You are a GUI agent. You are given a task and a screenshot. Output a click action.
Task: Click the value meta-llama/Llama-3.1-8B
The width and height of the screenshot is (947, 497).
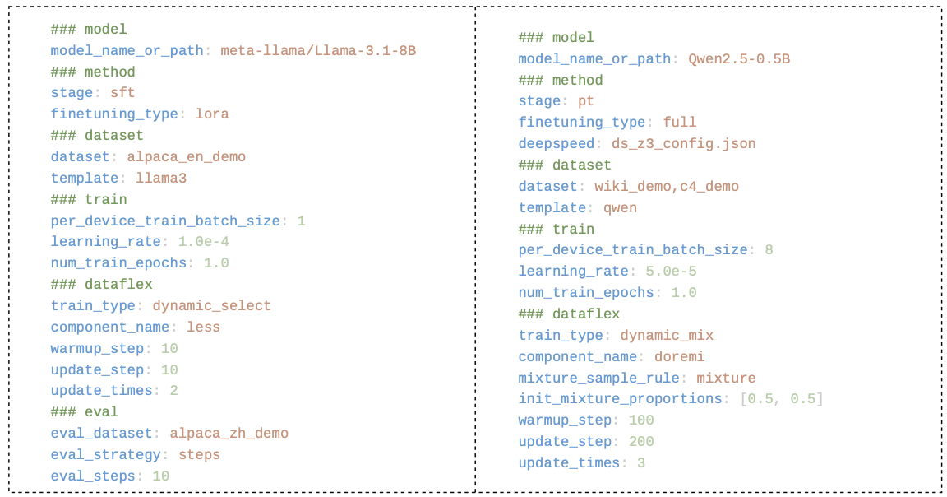(x=318, y=51)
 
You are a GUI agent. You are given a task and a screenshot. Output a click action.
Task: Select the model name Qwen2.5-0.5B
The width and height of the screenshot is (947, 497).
(x=739, y=59)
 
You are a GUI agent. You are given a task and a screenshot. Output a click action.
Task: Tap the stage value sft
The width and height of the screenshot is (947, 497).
(x=122, y=92)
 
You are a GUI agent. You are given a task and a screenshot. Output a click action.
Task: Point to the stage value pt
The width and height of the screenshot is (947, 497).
(x=586, y=101)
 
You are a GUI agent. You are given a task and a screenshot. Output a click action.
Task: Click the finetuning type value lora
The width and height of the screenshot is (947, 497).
(x=212, y=114)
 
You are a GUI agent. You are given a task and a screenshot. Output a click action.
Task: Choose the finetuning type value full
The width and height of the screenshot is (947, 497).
(x=680, y=123)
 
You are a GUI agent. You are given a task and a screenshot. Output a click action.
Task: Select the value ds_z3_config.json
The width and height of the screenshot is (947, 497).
(x=684, y=144)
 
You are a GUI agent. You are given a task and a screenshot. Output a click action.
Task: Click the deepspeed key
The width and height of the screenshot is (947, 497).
(x=557, y=144)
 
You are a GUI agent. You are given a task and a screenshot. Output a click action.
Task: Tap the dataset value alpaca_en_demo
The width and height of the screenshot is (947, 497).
(x=186, y=157)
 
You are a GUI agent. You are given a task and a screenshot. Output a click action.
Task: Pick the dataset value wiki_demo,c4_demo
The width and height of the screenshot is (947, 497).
(x=667, y=187)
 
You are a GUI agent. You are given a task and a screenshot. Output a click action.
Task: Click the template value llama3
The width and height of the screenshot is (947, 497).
(x=161, y=179)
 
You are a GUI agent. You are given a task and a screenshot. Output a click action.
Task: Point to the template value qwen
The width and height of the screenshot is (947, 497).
(x=621, y=208)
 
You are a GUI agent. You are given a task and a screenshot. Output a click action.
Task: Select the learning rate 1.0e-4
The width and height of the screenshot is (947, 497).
(x=204, y=242)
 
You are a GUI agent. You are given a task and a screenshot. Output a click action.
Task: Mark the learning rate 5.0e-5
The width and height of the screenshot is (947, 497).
(x=671, y=272)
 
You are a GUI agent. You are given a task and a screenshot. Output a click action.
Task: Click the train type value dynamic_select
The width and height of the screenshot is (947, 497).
(x=211, y=306)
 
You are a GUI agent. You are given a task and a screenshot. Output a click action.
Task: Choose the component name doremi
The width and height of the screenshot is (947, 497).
(x=680, y=357)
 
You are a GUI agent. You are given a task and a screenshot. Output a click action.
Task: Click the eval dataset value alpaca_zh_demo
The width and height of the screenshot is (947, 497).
(x=229, y=434)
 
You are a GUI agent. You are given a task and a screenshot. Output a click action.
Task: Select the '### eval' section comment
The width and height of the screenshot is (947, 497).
(x=85, y=412)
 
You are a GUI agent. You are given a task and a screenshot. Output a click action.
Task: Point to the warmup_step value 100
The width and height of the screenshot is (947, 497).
(x=641, y=420)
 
